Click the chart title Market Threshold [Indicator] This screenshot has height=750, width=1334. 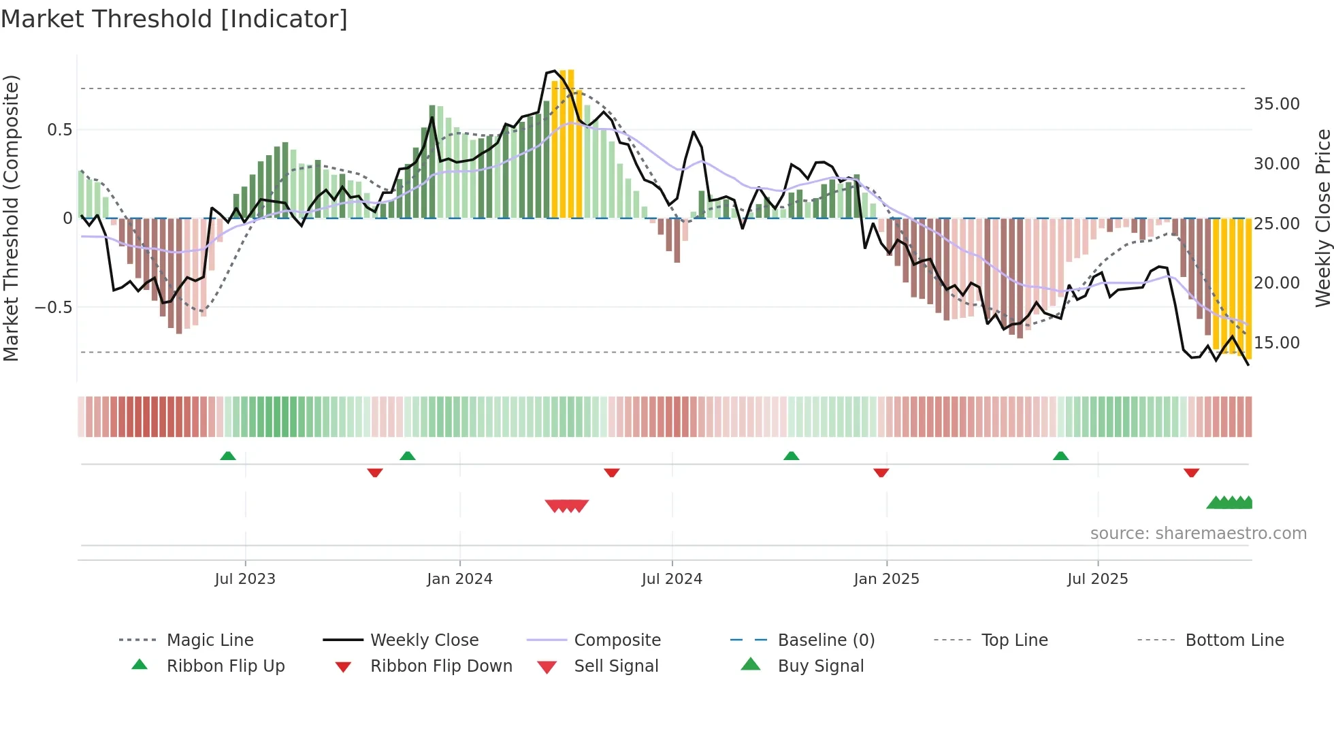click(x=174, y=19)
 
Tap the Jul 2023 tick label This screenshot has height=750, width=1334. click(x=245, y=579)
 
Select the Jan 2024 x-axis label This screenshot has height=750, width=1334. click(x=459, y=579)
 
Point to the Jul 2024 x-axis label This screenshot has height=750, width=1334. click(x=672, y=579)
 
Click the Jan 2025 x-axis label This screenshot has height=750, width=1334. click(x=886, y=579)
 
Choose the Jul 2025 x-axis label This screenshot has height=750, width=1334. click(x=1097, y=579)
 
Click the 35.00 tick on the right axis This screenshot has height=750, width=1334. click(x=1276, y=104)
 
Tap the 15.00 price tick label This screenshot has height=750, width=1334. click(x=1276, y=343)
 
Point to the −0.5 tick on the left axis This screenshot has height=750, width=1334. click(x=53, y=308)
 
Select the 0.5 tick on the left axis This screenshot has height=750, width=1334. click(x=59, y=130)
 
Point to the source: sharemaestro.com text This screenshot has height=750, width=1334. click(x=1198, y=534)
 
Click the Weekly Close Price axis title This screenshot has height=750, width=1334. click(x=1322, y=218)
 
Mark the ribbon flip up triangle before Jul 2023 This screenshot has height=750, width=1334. click(x=228, y=456)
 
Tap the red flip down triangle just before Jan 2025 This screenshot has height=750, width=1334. click(x=881, y=472)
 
